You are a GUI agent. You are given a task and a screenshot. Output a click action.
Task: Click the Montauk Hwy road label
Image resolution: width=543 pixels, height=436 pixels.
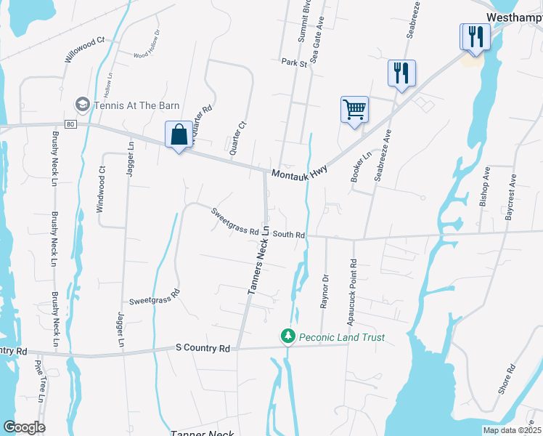tap(300, 174)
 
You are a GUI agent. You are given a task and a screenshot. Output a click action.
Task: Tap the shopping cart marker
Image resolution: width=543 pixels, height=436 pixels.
tap(354, 110)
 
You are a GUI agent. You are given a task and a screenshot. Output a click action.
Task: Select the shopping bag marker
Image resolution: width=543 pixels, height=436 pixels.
tap(179, 134)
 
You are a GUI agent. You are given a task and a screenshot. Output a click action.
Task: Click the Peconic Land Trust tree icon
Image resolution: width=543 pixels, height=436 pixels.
tap(288, 336)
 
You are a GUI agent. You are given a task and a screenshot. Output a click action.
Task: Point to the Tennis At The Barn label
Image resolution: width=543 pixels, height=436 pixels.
tap(138, 105)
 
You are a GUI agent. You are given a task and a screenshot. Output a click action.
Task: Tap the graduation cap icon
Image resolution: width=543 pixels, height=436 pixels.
tap(83, 105)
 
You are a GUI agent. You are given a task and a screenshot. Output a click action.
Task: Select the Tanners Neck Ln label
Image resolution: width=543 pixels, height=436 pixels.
tap(259, 259)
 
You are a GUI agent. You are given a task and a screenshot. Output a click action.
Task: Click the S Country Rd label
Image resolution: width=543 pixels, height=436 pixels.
tap(203, 348)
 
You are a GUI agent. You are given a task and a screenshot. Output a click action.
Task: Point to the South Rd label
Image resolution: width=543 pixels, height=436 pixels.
tap(288, 235)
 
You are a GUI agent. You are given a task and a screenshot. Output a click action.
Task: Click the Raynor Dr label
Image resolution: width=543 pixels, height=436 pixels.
tap(325, 291)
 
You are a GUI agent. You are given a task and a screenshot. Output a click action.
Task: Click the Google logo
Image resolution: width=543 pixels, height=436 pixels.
tap(24, 427)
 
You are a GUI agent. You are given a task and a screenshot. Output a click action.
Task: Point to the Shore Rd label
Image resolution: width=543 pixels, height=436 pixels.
tap(506, 379)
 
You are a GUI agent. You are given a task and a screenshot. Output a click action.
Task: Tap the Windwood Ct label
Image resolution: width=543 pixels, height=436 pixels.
tap(102, 190)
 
